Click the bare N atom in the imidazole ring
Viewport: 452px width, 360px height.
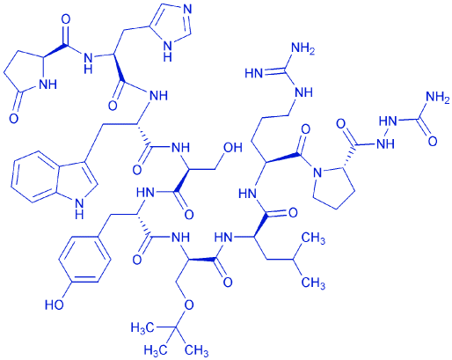(x=186, y=9)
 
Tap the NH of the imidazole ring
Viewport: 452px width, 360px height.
(x=167, y=51)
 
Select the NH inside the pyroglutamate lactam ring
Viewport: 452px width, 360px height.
(x=47, y=84)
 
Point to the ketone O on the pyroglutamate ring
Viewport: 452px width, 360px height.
(x=13, y=118)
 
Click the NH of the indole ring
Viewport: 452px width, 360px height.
(x=79, y=208)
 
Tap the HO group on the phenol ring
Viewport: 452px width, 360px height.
(x=55, y=305)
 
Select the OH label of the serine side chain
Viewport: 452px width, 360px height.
(x=233, y=147)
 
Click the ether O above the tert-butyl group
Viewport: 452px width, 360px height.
(x=188, y=305)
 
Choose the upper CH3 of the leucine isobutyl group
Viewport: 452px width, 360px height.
(x=313, y=239)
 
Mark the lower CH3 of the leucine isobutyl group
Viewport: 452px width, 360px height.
(x=313, y=283)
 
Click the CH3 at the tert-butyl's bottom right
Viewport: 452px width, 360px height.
(x=197, y=349)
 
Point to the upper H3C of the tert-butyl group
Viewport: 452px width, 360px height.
(x=142, y=327)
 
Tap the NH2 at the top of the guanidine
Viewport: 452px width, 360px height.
(x=303, y=48)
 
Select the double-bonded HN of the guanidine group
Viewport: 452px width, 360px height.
(x=254, y=73)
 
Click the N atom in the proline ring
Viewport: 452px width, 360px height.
(x=317, y=173)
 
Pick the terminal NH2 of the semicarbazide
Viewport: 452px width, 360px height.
(x=438, y=97)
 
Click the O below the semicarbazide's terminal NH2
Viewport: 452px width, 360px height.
(x=433, y=142)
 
